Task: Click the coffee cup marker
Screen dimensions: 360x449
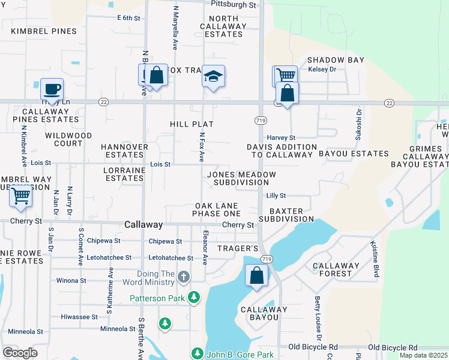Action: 52,89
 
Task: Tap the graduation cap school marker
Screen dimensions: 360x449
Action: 213,76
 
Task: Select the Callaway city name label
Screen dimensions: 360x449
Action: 143,224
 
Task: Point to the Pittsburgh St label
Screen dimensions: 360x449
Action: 234,5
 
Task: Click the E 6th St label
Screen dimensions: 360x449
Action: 128,19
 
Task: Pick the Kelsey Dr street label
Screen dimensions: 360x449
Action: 322,70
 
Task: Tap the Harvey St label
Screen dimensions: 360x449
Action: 282,137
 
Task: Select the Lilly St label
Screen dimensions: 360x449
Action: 276,196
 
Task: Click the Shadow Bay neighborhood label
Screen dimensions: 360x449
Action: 336,60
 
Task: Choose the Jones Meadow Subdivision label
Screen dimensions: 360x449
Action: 241,178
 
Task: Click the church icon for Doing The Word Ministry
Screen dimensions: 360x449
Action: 184,277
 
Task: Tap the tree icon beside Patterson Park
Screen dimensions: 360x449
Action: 193,297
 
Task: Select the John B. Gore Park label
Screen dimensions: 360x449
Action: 240,355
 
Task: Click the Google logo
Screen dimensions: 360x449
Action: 20,353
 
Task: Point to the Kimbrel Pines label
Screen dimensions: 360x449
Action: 44,31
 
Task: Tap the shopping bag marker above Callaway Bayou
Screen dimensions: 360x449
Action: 256,276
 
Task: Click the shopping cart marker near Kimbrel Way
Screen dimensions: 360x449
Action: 21,195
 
